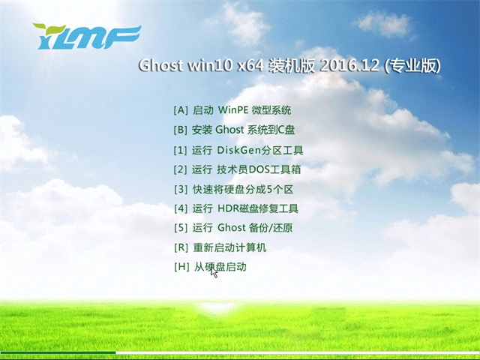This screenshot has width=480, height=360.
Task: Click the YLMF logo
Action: (86, 35)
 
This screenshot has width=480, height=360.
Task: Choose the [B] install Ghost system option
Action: (233, 130)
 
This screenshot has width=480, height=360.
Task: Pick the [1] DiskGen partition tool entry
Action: (238, 150)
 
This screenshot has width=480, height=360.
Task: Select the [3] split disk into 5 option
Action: (232, 189)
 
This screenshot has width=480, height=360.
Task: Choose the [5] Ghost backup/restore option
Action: (232, 228)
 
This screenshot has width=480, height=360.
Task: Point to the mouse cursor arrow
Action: (214, 272)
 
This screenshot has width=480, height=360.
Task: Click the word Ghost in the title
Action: (160, 66)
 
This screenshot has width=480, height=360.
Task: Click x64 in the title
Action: (249, 66)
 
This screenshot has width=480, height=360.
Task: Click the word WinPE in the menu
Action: (233, 110)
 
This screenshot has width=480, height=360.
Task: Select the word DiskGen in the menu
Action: (239, 150)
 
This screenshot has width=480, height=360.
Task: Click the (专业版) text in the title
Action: (412, 66)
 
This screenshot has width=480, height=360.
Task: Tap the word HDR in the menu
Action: (227, 208)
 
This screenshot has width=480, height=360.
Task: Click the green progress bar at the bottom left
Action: (58, 352)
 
